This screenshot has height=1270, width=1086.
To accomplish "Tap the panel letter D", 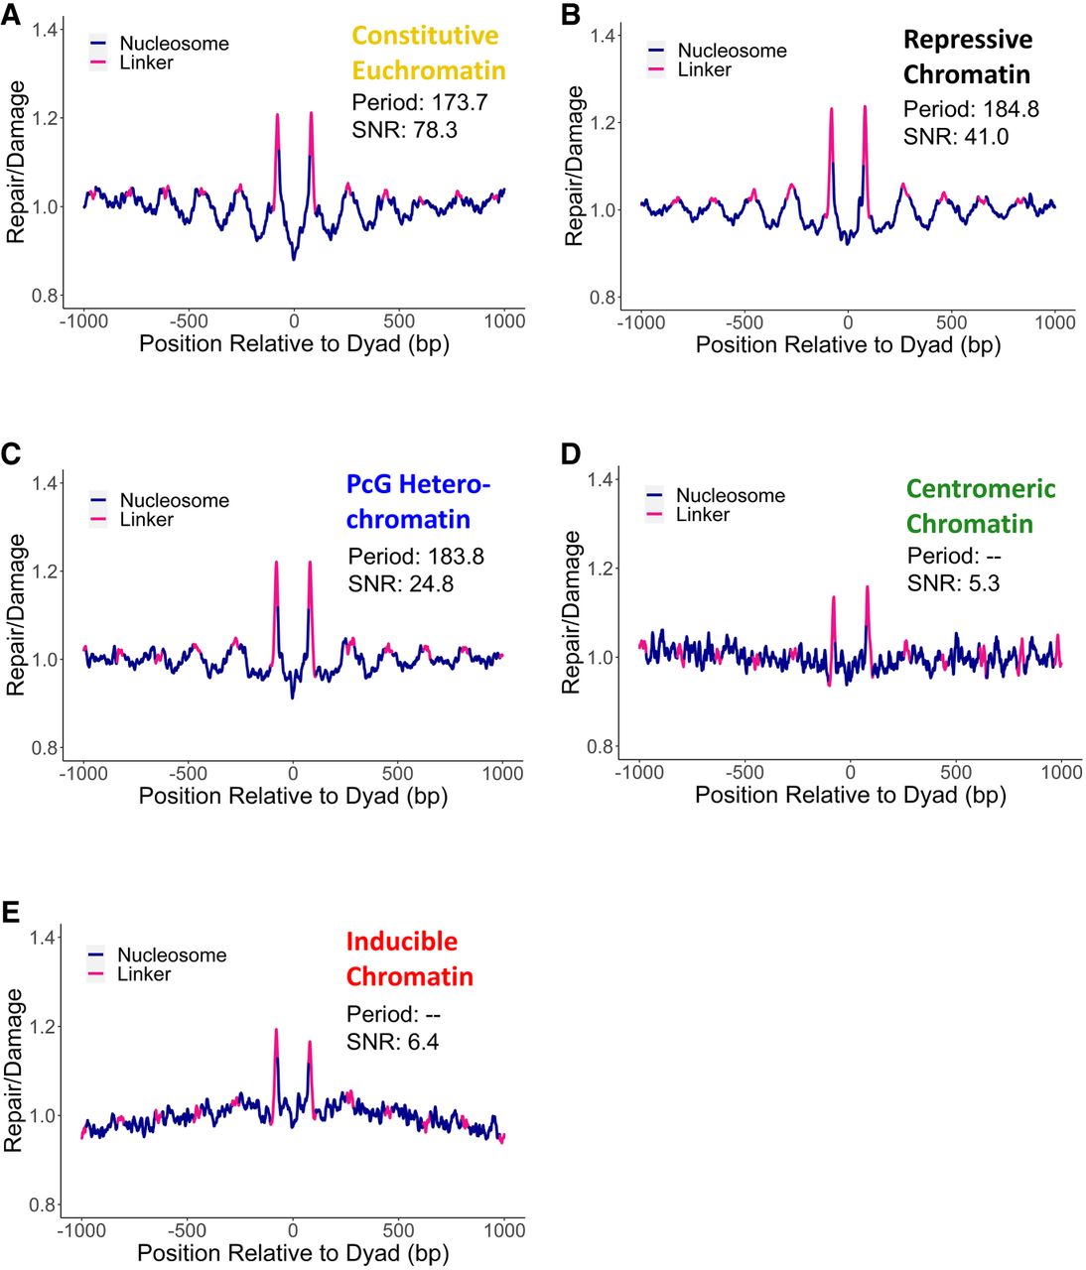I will coord(571,453).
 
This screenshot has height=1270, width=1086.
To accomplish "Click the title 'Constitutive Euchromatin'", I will coord(428,54).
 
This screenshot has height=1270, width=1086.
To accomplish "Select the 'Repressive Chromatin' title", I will coord(967,58).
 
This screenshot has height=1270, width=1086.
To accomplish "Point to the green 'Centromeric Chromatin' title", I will coord(980,506).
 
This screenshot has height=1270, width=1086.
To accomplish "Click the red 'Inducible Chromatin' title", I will coord(409,958).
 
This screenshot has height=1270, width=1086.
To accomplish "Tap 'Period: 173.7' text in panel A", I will coord(419,102).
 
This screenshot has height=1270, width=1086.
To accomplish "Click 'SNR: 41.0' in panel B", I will coord(955,137).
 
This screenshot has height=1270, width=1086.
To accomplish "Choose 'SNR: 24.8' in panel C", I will coord(400,584).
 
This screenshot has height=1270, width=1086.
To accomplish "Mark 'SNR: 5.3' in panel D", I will coord(953,583).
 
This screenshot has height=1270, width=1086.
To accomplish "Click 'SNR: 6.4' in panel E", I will coord(392,1042).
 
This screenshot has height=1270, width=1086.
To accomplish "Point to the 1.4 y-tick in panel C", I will coord(46,483).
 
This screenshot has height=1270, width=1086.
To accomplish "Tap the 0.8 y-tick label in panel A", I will coord(45,296).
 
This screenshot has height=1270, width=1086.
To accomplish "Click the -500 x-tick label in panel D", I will coord(745,773).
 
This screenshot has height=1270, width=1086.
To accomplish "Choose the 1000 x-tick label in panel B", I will coord(1054,322).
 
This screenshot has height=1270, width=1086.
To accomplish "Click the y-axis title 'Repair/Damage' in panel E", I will coord(13,1070).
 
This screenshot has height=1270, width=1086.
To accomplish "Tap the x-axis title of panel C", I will coord(293,796).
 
